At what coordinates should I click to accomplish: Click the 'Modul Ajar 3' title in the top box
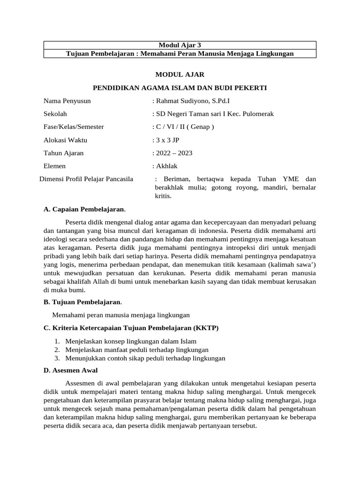180,45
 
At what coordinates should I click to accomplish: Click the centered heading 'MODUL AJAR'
180,75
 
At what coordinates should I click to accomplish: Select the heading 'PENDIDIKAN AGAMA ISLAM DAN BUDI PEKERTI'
180,88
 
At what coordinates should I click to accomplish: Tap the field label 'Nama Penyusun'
67,101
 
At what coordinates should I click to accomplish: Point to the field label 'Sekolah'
55,114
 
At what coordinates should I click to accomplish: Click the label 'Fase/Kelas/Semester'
74,127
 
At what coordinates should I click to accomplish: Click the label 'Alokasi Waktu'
65,140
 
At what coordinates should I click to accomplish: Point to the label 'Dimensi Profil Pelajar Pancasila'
86,179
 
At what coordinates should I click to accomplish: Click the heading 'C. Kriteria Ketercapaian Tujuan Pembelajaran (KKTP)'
131,328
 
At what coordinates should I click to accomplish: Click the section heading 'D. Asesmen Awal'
70,370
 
